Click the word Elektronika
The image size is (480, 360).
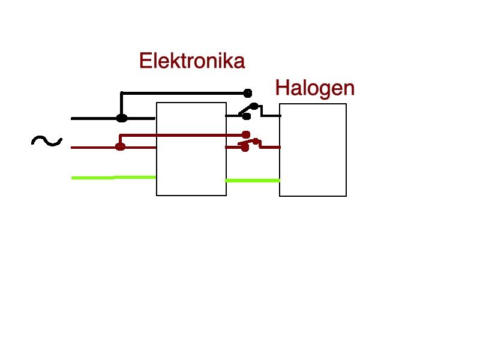tap(192, 61)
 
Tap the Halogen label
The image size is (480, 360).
tap(314, 88)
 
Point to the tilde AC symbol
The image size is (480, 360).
tap(47, 141)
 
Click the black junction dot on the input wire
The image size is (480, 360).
tap(122, 118)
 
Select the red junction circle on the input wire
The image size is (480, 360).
tap(121, 147)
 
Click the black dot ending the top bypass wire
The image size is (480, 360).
tap(248, 93)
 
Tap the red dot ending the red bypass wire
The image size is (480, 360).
tap(246, 134)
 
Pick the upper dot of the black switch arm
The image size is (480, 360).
tap(254, 106)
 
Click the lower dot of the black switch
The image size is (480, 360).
tap(247, 116)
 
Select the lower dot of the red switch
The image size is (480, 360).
tap(244, 148)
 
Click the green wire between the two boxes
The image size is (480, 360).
tap(253, 181)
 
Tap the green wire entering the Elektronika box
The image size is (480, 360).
tap(113, 178)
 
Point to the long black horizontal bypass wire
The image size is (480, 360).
tap(185, 93)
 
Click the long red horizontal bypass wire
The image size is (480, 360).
tap(183, 135)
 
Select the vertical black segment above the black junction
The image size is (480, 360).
tap(122, 104)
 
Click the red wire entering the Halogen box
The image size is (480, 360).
tap(270, 147)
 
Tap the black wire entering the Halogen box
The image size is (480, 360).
tap(271, 116)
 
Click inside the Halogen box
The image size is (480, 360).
tap(313, 150)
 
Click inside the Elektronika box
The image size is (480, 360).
tap(191, 149)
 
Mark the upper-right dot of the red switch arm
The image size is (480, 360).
tap(256, 141)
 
